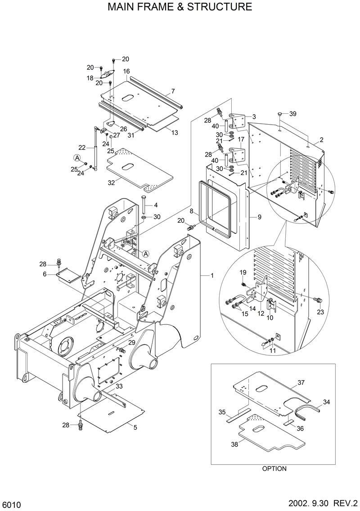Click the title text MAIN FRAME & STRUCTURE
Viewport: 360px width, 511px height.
[x=180, y=7]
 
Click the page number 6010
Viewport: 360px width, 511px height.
[x=11, y=502]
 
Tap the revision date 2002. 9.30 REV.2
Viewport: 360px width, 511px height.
[x=321, y=502]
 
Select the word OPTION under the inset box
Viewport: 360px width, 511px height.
[x=274, y=468]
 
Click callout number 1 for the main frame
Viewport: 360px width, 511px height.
[x=211, y=275]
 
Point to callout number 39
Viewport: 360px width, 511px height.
[x=293, y=114]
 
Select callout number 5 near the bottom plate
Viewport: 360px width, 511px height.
[x=135, y=427]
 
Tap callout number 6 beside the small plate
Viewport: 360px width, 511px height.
[x=45, y=274]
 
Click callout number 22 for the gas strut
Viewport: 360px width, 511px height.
[x=81, y=147]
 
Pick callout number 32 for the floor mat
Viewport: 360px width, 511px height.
[x=111, y=183]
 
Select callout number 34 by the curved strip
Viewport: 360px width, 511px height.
[x=327, y=402]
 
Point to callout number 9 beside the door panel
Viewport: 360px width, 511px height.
[x=259, y=217]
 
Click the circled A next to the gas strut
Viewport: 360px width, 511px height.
[x=77, y=157]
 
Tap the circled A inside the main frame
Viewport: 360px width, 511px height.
[x=146, y=254]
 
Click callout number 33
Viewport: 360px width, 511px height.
[x=119, y=386]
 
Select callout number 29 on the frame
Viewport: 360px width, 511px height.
[x=132, y=343]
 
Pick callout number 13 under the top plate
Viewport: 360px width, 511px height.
[x=175, y=132]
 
